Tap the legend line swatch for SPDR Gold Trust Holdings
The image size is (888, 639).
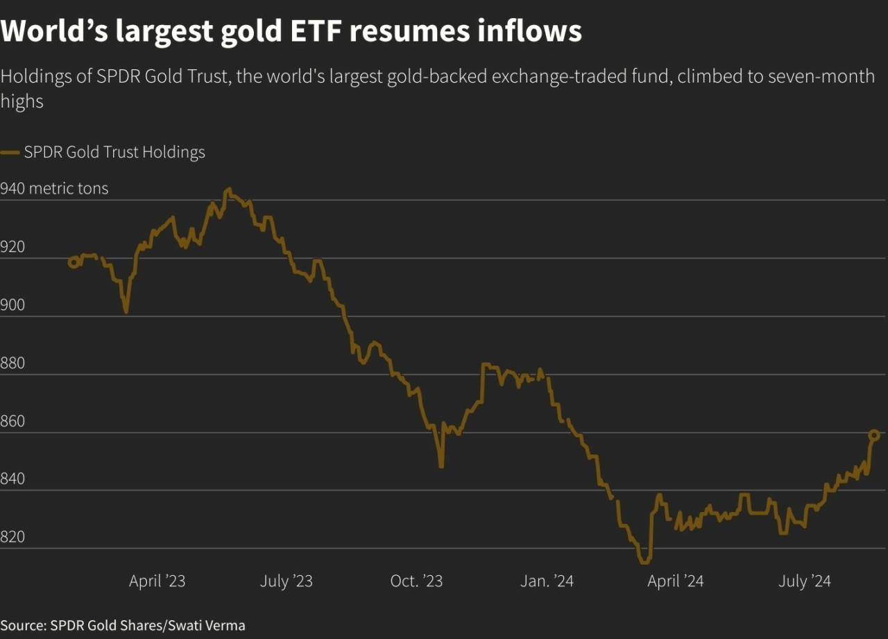[x=10, y=153]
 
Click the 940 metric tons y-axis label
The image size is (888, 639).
[x=54, y=189]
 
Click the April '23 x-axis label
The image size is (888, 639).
[x=157, y=581]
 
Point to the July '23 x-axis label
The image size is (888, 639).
[x=287, y=581]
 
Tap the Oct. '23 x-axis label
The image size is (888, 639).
[x=416, y=581]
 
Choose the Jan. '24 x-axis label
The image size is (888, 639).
[x=547, y=581]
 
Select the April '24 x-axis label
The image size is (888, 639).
[x=676, y=581]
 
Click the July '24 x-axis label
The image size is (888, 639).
[x=805, y=581]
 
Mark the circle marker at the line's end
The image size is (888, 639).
[x=874, y=435]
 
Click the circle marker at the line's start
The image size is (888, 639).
[x=73, y=262]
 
